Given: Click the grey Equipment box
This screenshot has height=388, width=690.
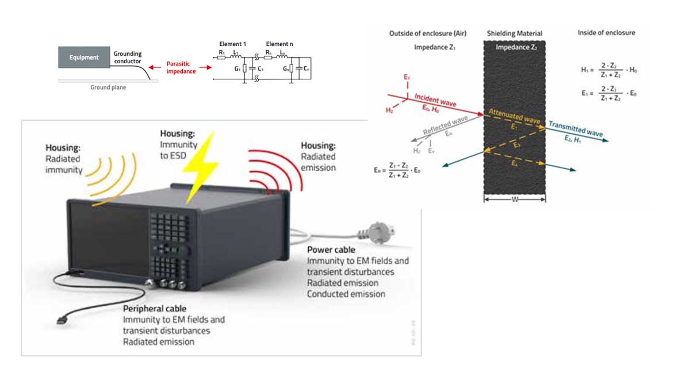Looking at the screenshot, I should [x=84, y=57].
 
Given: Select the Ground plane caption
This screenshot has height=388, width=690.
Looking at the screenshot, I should [x=108, y=87].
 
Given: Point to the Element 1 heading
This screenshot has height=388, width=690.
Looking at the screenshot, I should [x=232, y=44].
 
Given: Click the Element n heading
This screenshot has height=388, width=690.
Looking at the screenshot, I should [x=278, y=44].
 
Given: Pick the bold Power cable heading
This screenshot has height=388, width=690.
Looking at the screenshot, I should [x=331, y=250].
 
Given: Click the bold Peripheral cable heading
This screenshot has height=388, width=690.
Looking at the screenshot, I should [x=154, y=309].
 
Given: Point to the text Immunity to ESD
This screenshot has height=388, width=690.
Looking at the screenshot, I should [x=179, y=149].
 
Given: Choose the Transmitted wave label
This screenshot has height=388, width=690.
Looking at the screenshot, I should [x=576, y=129].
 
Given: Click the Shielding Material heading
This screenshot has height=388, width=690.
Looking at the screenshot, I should [x=514, y=34].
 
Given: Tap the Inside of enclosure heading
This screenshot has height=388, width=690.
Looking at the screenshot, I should [x=606, y=33].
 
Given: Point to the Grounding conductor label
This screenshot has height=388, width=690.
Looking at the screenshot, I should [x=128, y=57].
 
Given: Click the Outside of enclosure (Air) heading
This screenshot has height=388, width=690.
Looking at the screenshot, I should [x=428, y=34].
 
